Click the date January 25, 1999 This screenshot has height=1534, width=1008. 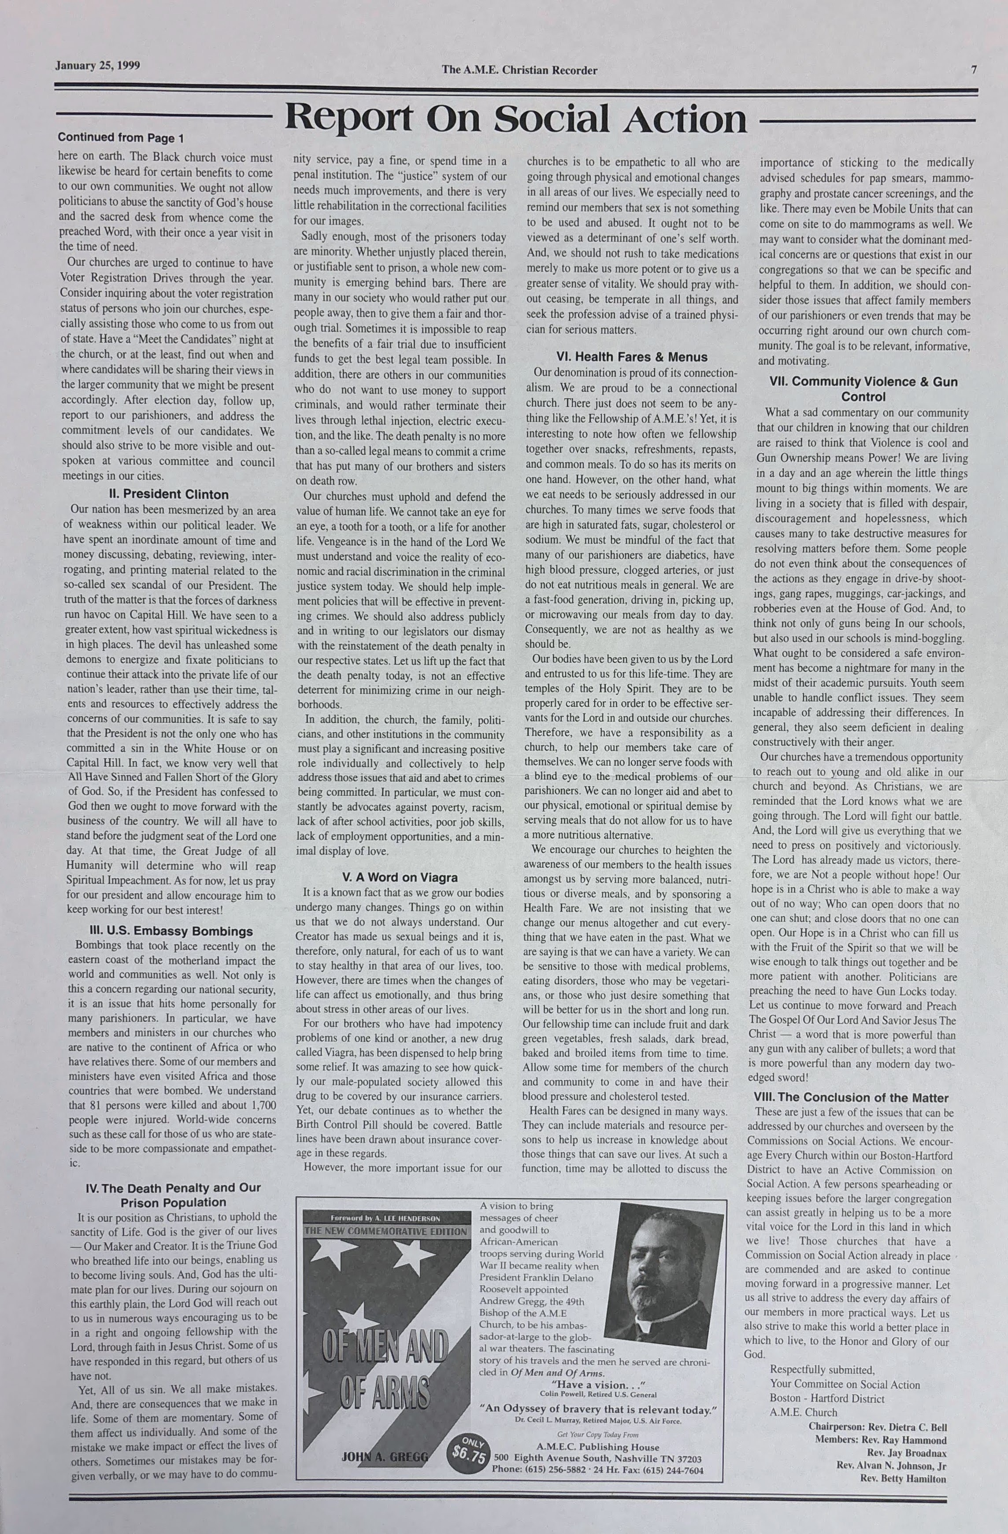(97, 66)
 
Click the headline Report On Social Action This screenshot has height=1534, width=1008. (516, 118)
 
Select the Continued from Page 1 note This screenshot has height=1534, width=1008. (121, 138)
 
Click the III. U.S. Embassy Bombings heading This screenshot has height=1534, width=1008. (171, 931)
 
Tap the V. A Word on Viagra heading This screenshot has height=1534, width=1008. (399, 877)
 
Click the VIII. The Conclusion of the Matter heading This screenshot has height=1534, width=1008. (851, 1098)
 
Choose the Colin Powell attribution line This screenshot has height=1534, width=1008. (598, 1394)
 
